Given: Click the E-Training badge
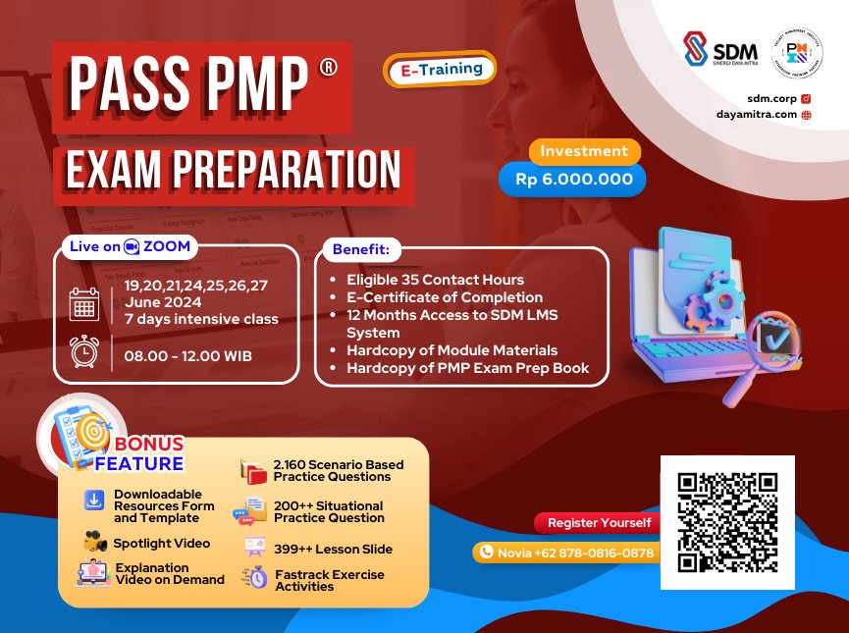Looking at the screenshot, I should click(x=441, y=70).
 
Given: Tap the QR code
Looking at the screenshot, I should click(x=726, y=521).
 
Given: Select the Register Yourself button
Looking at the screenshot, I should click(x=598, y=523).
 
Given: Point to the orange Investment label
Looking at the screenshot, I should click(x=584, y=151).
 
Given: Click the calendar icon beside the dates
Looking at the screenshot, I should click(x=84, y=303).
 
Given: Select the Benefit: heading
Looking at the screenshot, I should click(x=360, y=250).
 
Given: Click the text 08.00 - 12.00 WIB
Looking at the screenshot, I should click(x=188, y=355).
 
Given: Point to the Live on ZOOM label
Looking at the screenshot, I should click(x=129, y=246).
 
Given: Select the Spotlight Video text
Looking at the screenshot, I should click(x=161, y=543).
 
